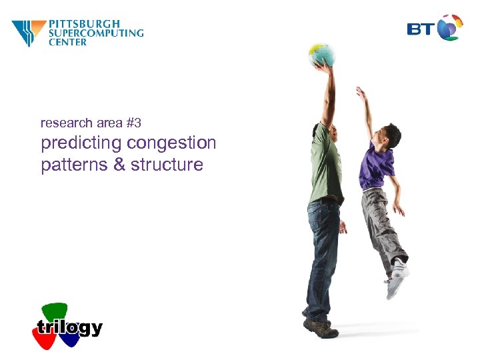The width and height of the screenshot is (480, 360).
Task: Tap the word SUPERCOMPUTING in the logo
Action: pos(96,33)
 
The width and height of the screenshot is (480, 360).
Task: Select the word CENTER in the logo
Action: pos(68,42)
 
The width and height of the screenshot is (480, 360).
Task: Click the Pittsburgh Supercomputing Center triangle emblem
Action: pos(29,33)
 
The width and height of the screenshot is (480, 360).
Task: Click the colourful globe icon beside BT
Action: pos(450,28)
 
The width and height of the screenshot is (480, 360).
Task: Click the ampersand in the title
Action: pos(119,165)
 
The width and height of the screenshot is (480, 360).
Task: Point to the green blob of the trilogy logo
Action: pos(55,311)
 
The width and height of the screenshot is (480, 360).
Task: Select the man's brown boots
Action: pos(318,327)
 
